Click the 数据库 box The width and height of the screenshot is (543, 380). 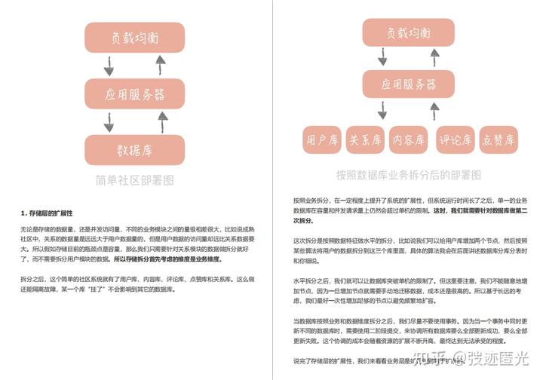134,150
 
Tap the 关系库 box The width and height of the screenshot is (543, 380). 366,139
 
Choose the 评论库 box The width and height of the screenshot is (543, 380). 455,139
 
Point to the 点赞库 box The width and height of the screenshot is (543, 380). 499,139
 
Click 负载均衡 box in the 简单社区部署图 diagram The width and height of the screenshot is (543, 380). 134,36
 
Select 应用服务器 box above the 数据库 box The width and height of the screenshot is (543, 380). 134,94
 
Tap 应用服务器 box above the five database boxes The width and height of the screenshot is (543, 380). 409,84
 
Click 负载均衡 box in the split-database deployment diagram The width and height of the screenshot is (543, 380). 409,33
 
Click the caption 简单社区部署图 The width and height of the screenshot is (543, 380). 134,181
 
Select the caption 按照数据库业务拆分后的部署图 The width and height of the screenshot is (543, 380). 409,175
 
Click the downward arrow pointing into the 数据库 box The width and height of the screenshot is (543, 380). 109,122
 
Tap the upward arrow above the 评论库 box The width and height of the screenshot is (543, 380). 436,111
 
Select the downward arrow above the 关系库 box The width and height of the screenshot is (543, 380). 382,111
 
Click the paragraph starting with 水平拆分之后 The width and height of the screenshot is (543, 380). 408,287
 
